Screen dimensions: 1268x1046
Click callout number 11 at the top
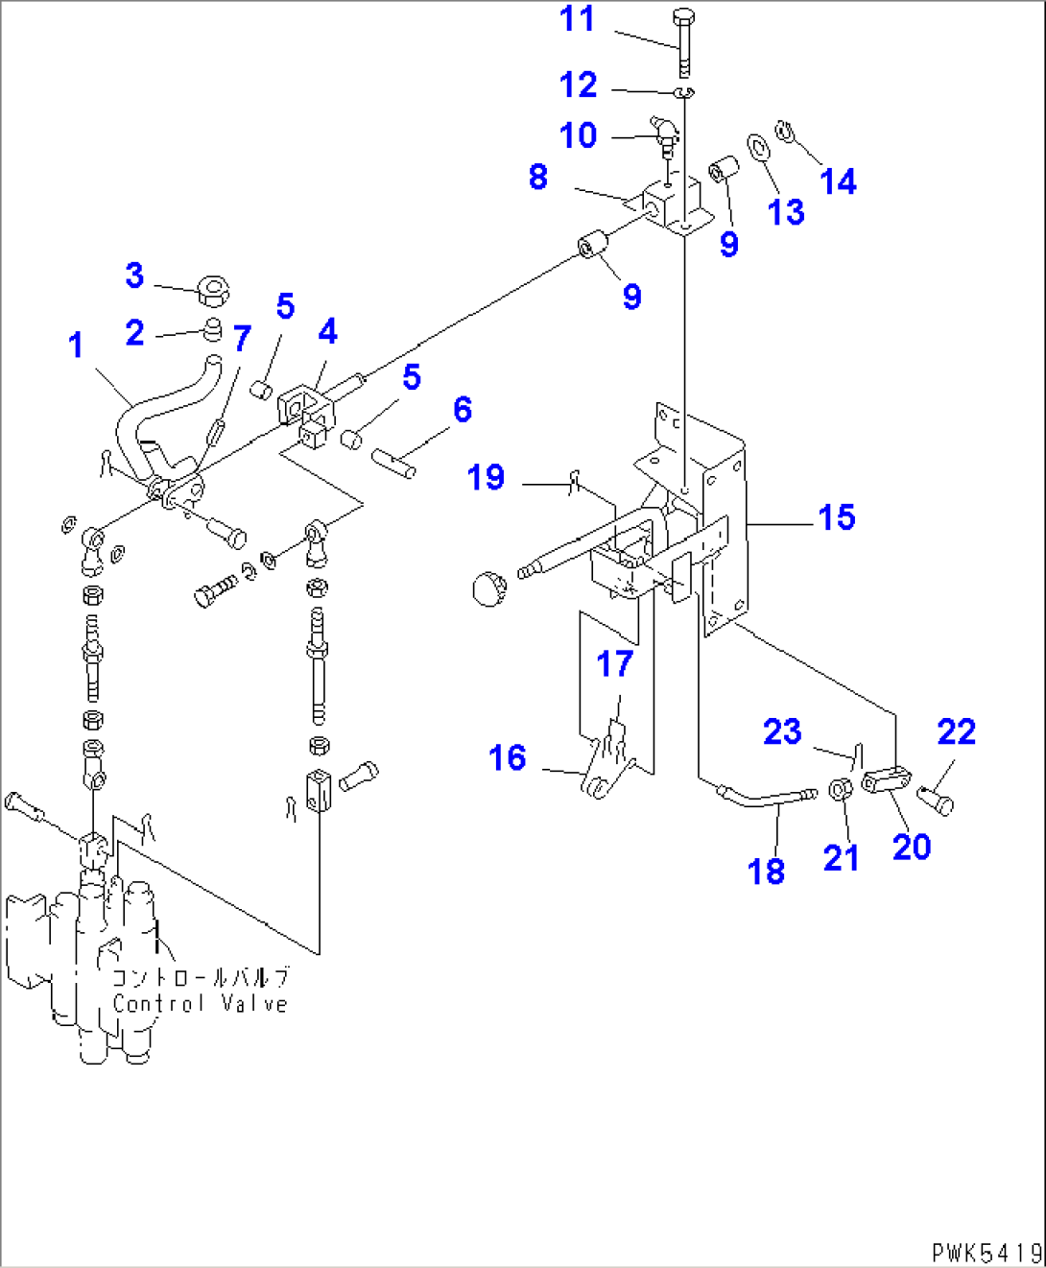[x=577, y=19]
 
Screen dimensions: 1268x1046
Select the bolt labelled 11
[x=683, y=42]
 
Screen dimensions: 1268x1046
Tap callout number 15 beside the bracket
[x=836, y=517]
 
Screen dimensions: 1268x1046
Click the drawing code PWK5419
[x=986, y=1252]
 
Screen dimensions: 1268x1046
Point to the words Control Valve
[x=200, y=1004]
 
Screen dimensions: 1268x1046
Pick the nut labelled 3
[x=213, y=288]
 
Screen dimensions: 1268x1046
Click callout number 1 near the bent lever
[x=76, y=346]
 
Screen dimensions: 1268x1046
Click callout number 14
[x=838, y=181]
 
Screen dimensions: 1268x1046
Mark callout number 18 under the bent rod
[x=766, y=871]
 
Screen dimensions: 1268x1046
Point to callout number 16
[x=507, y=758]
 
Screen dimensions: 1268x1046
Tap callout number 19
[x=486, y=477]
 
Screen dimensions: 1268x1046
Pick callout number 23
[x=782, y=732]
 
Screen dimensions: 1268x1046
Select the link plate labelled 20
[x=885, y=780]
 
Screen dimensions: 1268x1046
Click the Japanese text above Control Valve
[x=200, y=977]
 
